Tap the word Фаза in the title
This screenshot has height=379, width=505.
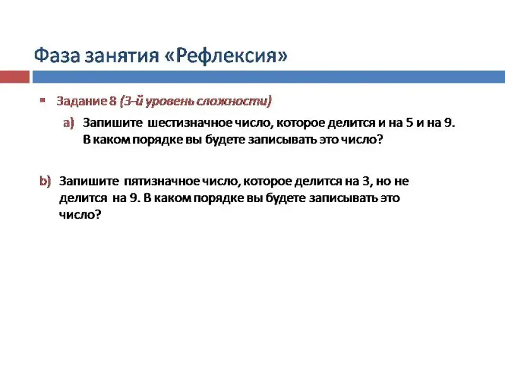[x=57, y=55]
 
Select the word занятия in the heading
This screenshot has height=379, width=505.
[x=122, y=56]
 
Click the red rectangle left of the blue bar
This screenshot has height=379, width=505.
[x=15, y=77]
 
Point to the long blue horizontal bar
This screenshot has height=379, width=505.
[x=269, y=77]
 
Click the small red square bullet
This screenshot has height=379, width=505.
[x=42, y=100]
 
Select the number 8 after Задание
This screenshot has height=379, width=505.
[x=112, y=101]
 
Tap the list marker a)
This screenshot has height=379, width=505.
[x=69, y=123]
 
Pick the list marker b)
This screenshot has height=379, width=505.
[x=45, y=181]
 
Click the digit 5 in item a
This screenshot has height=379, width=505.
[x=409, y=123]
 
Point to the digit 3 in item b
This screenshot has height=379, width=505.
[x=365, y=181]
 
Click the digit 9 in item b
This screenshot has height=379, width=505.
[x=134, y=198]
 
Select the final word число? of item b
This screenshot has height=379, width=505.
[x=80, y=215]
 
